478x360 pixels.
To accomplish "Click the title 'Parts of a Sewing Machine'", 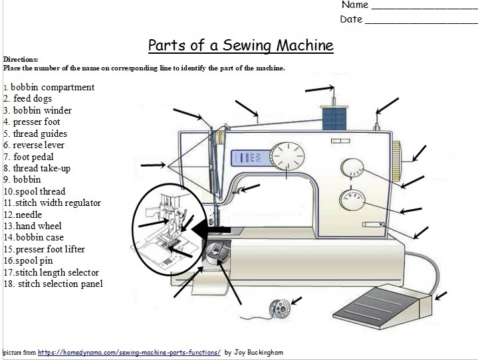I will [x=240, y=46].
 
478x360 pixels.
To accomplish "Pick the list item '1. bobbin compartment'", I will [x=49, y=87].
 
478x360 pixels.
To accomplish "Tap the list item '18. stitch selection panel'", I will [x=53, y=284].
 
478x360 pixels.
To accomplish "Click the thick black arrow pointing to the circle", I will [x=212, y=229].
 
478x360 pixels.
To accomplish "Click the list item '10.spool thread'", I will [x=35, y=191].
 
